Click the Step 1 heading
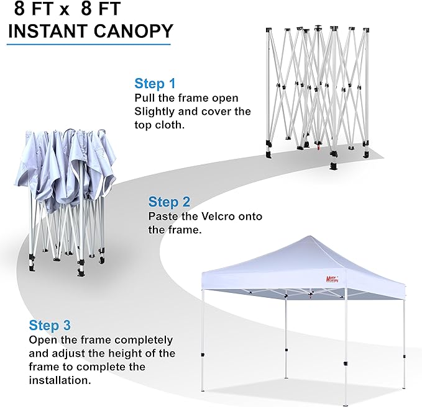tap(155, 83)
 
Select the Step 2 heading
tap(169, 202)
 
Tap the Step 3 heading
tap(50, 325)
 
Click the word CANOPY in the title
tap(133, 31)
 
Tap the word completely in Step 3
tap(144, 341)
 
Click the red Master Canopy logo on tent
tap(332, 279)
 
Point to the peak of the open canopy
tap(310, 236)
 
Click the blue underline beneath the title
tap(89, 44)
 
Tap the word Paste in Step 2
tap(160, 217)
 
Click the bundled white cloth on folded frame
tap(66, 166)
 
